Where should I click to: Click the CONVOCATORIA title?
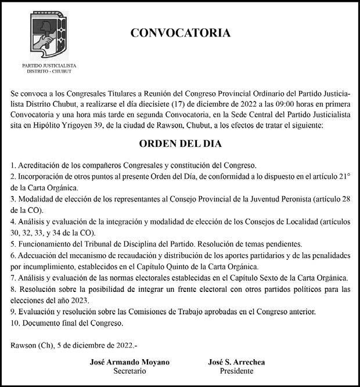click(x=180, y=33)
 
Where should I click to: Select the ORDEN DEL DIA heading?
click(x=179, y=143)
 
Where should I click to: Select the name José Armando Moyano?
click(x=129, y=362)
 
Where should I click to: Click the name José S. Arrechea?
click(x=236, y=362)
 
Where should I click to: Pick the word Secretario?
click(x=129, y=371)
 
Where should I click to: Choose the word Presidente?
click(x=236, y=371)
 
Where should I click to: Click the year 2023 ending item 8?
click(x=78, y=300)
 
